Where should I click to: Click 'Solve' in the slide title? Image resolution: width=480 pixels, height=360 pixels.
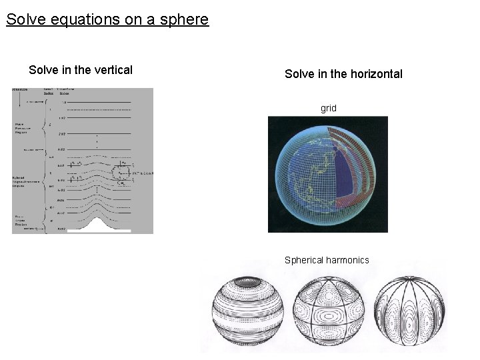tap(24, 19)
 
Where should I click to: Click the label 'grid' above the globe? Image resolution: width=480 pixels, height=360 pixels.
tap(329, 108)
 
